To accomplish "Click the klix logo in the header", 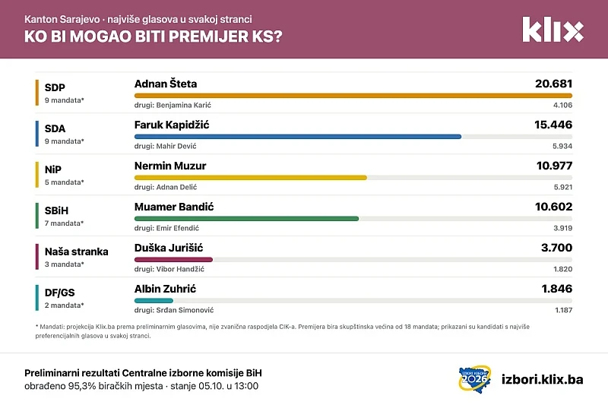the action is click(553, 30).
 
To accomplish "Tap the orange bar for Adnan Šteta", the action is click(353, 95).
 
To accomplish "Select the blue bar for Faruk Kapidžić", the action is click(298, 137).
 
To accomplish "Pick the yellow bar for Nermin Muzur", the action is click(251, 178).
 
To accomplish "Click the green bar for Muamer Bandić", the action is click(246, 219).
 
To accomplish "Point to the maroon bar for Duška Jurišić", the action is click(173, 260).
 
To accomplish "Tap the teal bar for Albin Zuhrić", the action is click(154, 301).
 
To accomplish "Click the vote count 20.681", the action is click(554, 84).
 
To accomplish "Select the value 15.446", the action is click(553, 125).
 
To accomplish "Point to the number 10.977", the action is click(555, 166).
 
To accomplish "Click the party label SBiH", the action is click(56, 210).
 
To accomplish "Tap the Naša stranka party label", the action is click(77, 252).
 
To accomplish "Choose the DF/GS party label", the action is click(60, 293).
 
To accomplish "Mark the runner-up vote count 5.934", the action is click(562, 146).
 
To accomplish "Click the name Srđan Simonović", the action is click(185, 310).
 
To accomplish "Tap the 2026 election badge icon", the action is click(475, 379).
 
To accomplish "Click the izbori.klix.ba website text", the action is click(542, 379).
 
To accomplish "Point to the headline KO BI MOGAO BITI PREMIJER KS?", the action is click(154, 36).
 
